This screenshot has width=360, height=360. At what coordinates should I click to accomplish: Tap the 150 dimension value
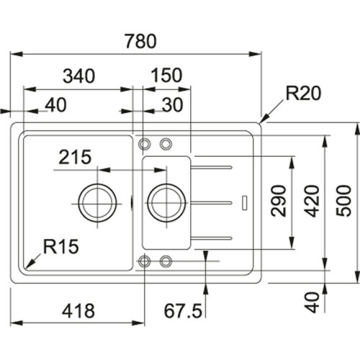click(x=166, y=75)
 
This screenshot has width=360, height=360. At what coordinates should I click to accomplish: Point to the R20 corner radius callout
click(x=302, y=93)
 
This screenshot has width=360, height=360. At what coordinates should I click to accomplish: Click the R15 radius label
click(x=60, y=246)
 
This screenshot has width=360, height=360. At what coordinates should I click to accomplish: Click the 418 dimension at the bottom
click(x=76, y=311)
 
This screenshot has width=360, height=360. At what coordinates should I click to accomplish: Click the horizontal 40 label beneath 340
click(x=55, y=106)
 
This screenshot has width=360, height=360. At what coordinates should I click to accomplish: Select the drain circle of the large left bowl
click(x=96, y=201)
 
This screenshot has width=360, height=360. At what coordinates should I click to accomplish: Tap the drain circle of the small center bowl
click(x=166, y=201)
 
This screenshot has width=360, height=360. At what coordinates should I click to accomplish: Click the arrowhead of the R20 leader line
click(x=264, y=120)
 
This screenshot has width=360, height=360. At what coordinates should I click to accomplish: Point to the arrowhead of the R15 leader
click(x=25, y=264)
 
